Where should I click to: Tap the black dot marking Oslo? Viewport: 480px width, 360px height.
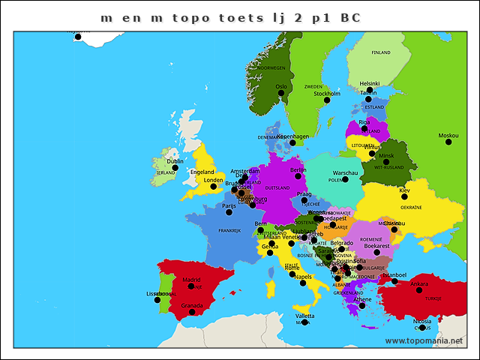[x=282, y=94]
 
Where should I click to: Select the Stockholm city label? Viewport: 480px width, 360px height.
[x=327, y=94]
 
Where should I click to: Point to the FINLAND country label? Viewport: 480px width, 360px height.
[x=381, y=52]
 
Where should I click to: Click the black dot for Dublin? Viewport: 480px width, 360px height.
[x=175, y=168]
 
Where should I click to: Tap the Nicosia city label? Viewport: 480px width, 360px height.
[x=422, y=320]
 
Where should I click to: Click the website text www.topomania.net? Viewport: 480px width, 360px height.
[x=424, y=341]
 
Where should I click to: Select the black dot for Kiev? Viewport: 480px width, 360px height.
[x=405, y=197]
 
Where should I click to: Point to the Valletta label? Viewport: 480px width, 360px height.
[x=305, y=316]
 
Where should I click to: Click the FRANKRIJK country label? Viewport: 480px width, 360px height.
[x=229, y=230]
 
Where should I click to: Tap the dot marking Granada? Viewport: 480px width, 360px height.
[x=193, y=312]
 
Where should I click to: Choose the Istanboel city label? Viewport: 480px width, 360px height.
[x=394, y=275]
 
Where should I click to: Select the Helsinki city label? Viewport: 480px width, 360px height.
[x=370, y=83]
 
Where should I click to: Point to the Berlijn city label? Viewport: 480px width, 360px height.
[x=298, y=170]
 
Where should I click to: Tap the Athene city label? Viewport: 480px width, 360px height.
[x=362, y=299]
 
